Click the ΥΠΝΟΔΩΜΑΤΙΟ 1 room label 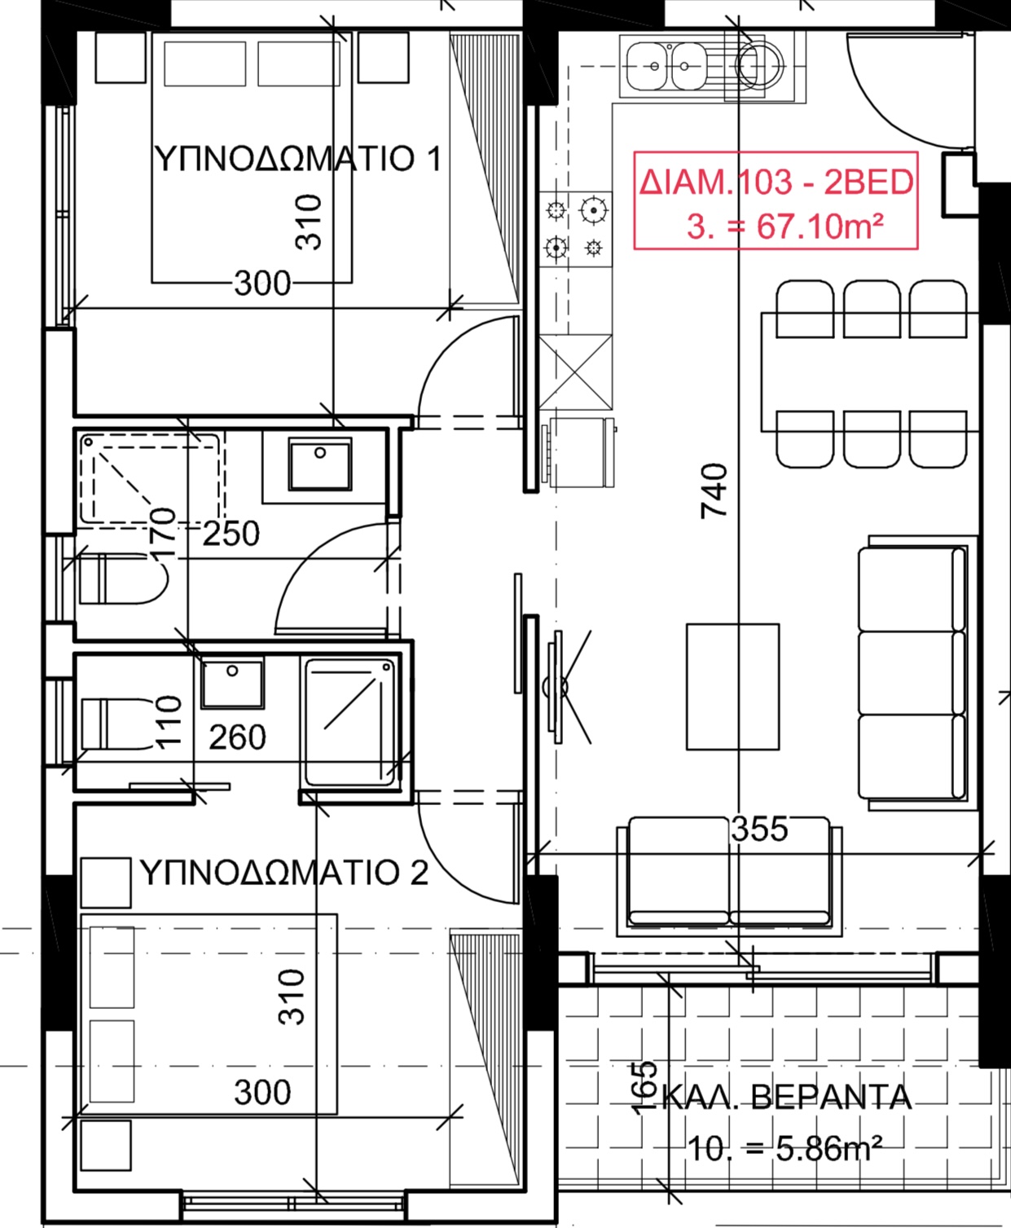click(x=297, y=158)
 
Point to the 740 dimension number click(x=714, y=491)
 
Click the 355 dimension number click(x=759, y=829)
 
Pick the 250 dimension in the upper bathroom click(x=231, y=534)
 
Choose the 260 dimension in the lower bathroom click(x=238, y=737)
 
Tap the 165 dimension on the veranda click(x=644, y=1088)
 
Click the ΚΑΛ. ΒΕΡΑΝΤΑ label click(x=787, y=1097)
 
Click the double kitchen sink click(x=666, y=65)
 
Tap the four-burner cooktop click(x=575, y=229)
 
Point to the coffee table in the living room click(x=733, y=687)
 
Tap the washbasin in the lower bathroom click(x=232, y=684)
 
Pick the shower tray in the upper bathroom click(x=152, y=478)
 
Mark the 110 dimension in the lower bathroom click(x=169, y=722)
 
